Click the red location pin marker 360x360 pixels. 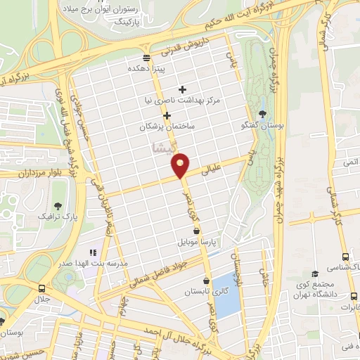coord(181,165)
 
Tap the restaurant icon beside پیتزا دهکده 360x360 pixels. coord(146,58)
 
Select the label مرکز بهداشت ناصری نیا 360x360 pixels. coord(183,101)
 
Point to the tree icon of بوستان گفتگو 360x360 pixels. coord(262,113)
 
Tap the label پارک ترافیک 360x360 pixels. coord(58,214)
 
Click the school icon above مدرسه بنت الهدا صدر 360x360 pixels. coord(91,252)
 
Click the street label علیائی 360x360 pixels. coord(211,169)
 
